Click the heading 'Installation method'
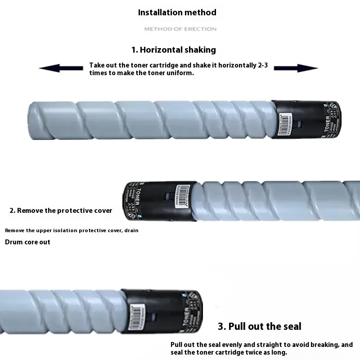[x=177, y=13]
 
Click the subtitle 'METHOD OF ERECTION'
[x=180, y=29]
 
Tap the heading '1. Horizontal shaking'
[x=174, y=49]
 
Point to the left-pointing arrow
[x=61, y=68]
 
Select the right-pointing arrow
[x=296, y=68]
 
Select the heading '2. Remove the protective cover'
[x=61, y=210]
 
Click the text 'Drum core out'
[x=27, y=242]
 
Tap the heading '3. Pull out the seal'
[x=260, y=326]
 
